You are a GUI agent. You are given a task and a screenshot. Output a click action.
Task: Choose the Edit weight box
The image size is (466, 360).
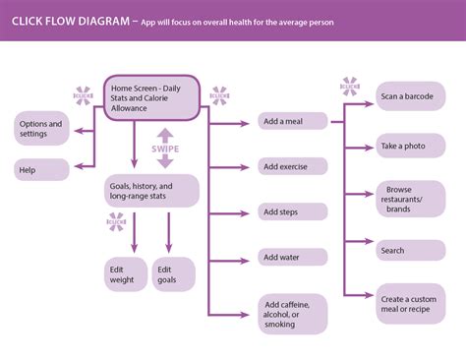[x=125, y=274]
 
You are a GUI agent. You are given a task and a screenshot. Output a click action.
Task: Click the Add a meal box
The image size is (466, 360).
[x=293, y=121]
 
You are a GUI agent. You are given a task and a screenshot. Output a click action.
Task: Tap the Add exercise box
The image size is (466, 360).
[x=293, y=166]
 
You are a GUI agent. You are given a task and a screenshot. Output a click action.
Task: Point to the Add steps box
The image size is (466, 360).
[x=293, y=211]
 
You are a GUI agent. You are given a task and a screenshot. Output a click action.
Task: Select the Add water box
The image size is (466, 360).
[x=293, y=257]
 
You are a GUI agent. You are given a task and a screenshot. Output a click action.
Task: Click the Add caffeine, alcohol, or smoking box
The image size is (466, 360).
[x=293, y=312]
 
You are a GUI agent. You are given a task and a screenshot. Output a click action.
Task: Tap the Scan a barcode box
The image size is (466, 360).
[x=410, y=97]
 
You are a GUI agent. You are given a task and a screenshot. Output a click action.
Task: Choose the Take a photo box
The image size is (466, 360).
[x=410, y=146]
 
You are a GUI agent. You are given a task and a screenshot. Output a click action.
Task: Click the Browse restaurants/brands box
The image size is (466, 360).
[x=410, y=199]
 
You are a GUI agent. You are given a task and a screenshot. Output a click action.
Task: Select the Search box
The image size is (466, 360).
[x=410, y=251]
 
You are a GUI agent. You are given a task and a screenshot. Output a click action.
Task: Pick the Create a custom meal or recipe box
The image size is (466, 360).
[x=410, y=304]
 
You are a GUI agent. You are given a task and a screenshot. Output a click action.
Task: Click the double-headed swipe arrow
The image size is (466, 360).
[x=165, y=133]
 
